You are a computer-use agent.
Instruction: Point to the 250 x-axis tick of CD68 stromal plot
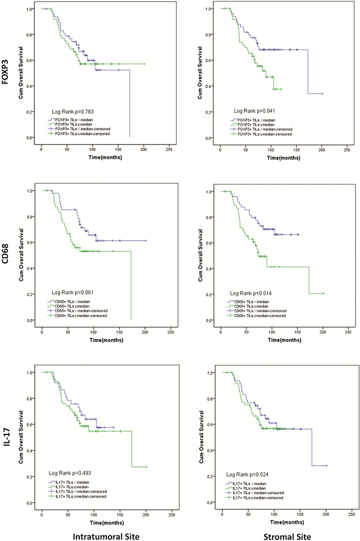point(347,331)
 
